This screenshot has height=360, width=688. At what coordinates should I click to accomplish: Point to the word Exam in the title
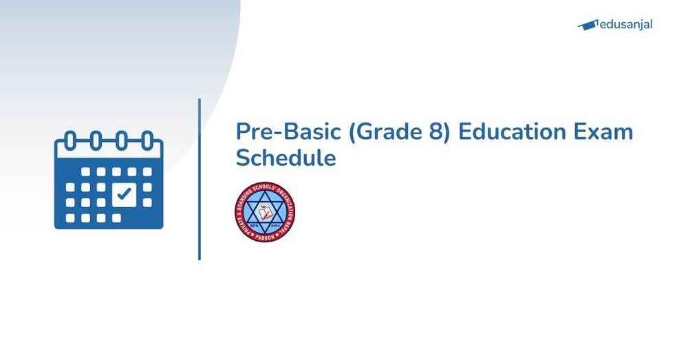(603, 131)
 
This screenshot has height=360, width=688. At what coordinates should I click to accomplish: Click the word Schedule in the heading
(286, 158)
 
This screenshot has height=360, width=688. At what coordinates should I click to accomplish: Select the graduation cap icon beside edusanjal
(587, 25)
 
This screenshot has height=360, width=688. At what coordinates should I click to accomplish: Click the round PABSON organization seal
(265, 212)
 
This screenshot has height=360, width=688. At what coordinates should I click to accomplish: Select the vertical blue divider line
(200, 179)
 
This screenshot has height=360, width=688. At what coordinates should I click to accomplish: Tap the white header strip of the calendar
(109, 153)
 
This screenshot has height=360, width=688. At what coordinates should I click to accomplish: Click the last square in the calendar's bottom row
(116, 218)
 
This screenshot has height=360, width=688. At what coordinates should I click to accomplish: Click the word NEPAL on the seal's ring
(289, 219)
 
